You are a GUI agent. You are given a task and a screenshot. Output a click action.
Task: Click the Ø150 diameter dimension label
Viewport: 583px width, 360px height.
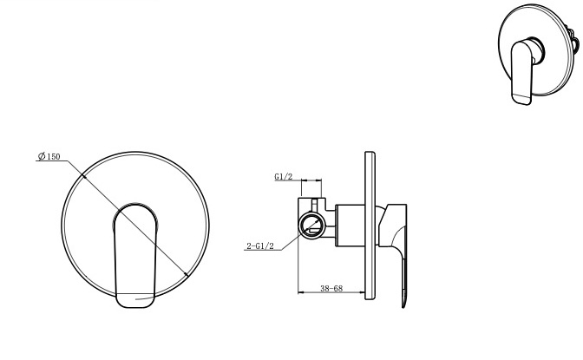[49, 156]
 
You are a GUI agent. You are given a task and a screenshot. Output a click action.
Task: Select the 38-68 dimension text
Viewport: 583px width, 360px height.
[331, 288]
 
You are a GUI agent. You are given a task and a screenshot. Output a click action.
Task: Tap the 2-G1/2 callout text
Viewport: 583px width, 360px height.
[260, 245]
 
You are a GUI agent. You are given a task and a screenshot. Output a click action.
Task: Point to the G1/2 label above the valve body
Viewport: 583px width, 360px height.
[284, 177]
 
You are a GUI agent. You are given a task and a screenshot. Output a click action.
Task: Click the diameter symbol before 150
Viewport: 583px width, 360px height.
[42, 156]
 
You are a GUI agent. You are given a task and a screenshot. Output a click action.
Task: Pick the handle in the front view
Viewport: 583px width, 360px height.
[135, 256]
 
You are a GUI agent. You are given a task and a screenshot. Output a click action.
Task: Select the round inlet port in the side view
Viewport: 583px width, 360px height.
[312, 226]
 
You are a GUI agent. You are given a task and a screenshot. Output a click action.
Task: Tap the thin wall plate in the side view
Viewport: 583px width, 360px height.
[370, 226]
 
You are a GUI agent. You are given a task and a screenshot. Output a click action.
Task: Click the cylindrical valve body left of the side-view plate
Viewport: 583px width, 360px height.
[350, 226]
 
